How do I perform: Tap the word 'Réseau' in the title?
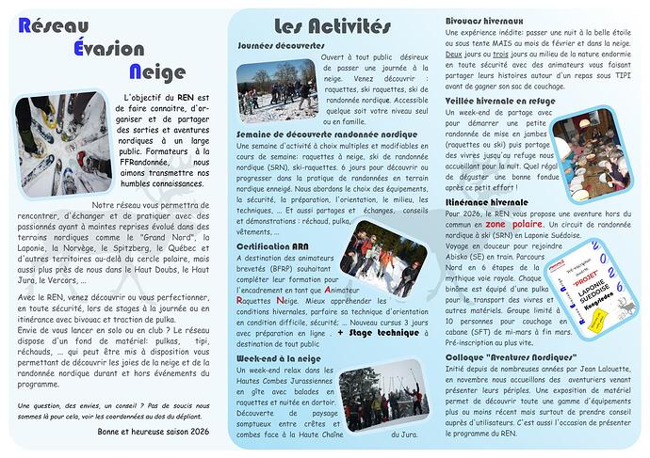tap(54, 24)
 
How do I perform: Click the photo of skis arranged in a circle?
tap(55, 143)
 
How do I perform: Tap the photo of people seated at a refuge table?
tap(584, 143)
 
